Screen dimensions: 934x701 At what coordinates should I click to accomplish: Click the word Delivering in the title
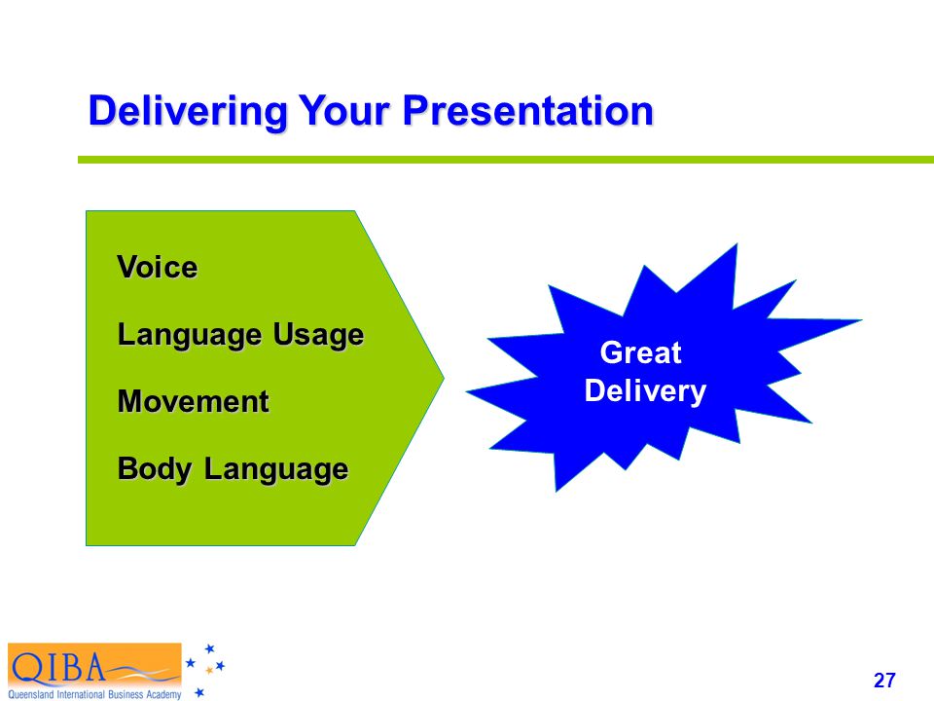188,111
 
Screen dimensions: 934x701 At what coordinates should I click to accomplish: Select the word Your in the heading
344,110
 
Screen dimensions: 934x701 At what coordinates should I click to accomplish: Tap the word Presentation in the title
528,110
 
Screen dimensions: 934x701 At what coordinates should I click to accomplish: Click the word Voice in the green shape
158,267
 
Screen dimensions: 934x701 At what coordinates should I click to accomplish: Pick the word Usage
318,335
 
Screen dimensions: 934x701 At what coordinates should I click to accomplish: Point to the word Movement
193,401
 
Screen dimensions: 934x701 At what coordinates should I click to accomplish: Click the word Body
155,469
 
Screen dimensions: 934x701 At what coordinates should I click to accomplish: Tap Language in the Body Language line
276,469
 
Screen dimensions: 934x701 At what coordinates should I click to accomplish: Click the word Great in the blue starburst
640,352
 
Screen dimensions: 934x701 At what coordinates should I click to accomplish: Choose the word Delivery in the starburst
645,391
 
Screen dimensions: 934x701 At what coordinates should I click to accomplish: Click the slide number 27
884,681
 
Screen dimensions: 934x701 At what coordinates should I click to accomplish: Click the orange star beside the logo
209,671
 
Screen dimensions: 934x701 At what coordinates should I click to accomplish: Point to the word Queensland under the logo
31,694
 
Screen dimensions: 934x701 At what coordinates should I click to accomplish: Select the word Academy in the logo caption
163,695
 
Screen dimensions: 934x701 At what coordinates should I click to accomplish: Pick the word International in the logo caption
81,694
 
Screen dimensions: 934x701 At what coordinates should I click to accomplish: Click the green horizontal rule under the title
506,160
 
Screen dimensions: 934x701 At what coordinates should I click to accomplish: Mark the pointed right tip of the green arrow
444,377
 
